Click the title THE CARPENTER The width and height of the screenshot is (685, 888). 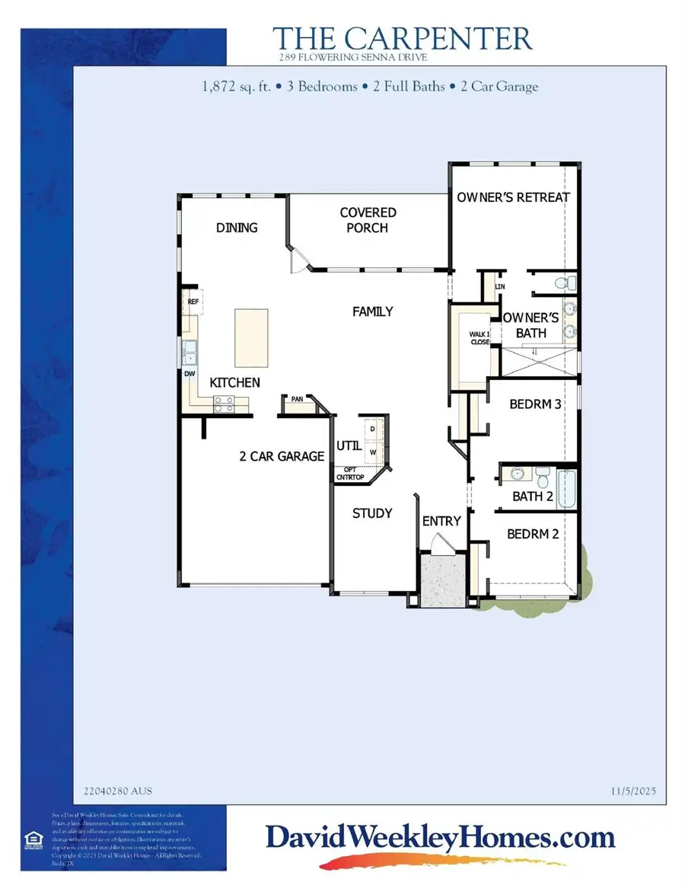click(403, 38)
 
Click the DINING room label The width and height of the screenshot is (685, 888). click(237, 228)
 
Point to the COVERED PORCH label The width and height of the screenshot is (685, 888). click(368, 220)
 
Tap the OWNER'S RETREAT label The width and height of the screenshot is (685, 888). click(513, 196)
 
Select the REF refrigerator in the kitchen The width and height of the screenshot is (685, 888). click(192, 302)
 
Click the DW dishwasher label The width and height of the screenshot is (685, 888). click(189, 374)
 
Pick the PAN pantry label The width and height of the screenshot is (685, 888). click(298, 398)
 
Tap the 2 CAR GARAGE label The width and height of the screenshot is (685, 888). click(282, 456)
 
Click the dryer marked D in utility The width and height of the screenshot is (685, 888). click(373, 429)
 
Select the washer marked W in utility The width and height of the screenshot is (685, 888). click(373, 452)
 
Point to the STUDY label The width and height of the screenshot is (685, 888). click(372, 513)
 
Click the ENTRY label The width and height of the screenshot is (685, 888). click(441, 521)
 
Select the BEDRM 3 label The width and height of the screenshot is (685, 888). click(535, 404)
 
